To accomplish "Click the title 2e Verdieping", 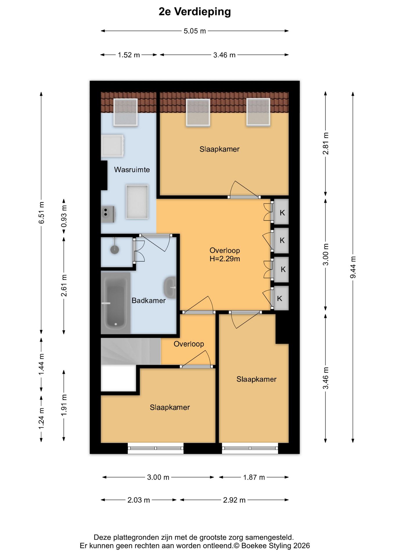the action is point(195,12).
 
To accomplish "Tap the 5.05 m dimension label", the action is point(195,31).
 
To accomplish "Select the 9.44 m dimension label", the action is point(353,267).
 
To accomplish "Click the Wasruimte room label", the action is point(132,170).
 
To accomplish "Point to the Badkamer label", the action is point(149,301).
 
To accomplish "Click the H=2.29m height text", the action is point(225,259).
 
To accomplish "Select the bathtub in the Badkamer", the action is point(115,303).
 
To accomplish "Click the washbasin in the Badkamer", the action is point(170,287).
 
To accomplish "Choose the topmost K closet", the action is point(281,212).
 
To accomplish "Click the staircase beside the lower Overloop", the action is point(131,351).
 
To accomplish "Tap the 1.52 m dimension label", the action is point(129,55).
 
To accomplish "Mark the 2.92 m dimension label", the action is point(234,500).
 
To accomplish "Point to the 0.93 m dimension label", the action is point(64,216).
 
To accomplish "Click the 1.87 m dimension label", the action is point(254,478).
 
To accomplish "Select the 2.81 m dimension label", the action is point(326,144).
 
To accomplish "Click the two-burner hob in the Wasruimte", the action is point(108,214).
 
